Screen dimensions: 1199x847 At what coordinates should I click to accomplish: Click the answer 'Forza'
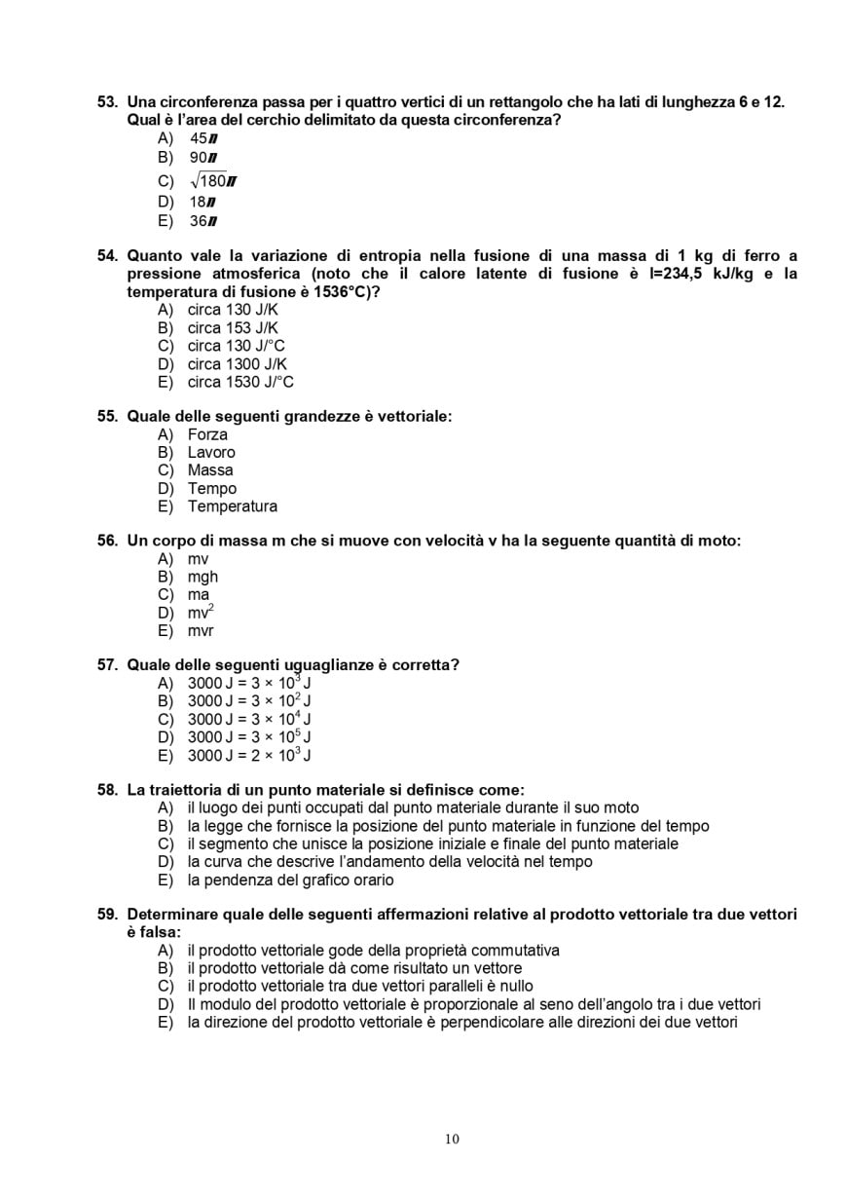pos(207,434)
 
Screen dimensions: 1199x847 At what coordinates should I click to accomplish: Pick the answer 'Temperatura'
pos(232,506)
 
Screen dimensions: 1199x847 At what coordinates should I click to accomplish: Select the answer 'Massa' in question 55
pos(210,470)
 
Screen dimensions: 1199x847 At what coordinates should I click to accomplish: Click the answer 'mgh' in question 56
pos(203,577)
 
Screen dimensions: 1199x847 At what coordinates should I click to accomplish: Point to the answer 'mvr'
pos(201,631)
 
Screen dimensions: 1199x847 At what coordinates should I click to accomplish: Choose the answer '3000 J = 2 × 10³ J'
pos(248,756)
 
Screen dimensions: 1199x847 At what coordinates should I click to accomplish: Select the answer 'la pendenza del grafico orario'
pos(290,881)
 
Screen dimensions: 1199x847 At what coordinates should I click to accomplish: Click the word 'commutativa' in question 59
pos(515,951)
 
